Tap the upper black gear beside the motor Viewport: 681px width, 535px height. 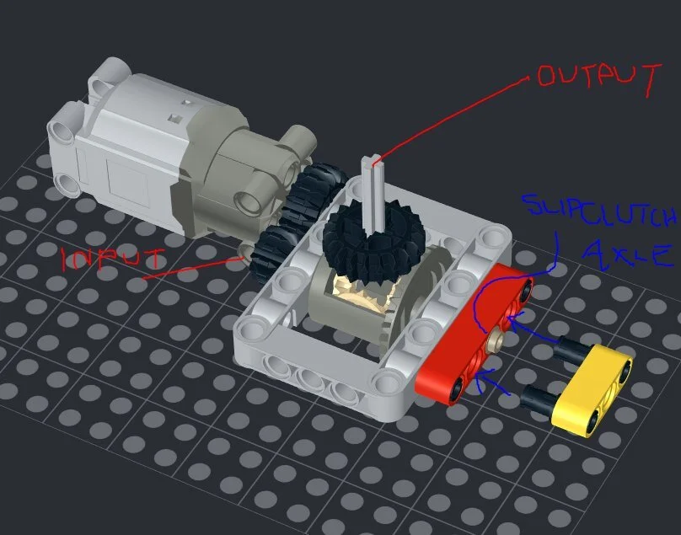click(x=314, y=192)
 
